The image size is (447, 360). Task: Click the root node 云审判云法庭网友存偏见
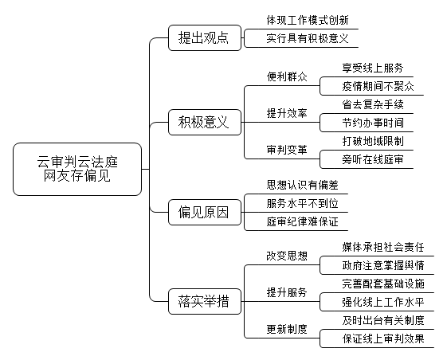77,169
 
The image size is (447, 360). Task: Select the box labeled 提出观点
205,38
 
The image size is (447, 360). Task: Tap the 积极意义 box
205,122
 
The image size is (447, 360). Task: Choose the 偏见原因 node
205,212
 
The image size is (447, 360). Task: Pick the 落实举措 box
205,301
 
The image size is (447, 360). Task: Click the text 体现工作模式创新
308,20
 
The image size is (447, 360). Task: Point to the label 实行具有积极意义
308,38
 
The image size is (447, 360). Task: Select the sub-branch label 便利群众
287,76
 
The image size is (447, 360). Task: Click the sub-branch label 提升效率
287,113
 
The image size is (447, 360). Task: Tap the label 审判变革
287,150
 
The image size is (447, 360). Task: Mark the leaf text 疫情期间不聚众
378,86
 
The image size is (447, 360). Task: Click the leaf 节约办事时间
373,123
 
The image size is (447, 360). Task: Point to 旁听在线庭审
373,159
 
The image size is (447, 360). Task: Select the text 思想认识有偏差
303,185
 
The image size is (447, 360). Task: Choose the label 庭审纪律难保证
303,221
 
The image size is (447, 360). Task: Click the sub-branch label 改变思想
287,256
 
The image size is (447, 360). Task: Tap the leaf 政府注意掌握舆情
383,265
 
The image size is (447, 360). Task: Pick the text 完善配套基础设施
383,284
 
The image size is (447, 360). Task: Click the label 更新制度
287,329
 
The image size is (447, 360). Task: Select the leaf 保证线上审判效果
383,339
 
